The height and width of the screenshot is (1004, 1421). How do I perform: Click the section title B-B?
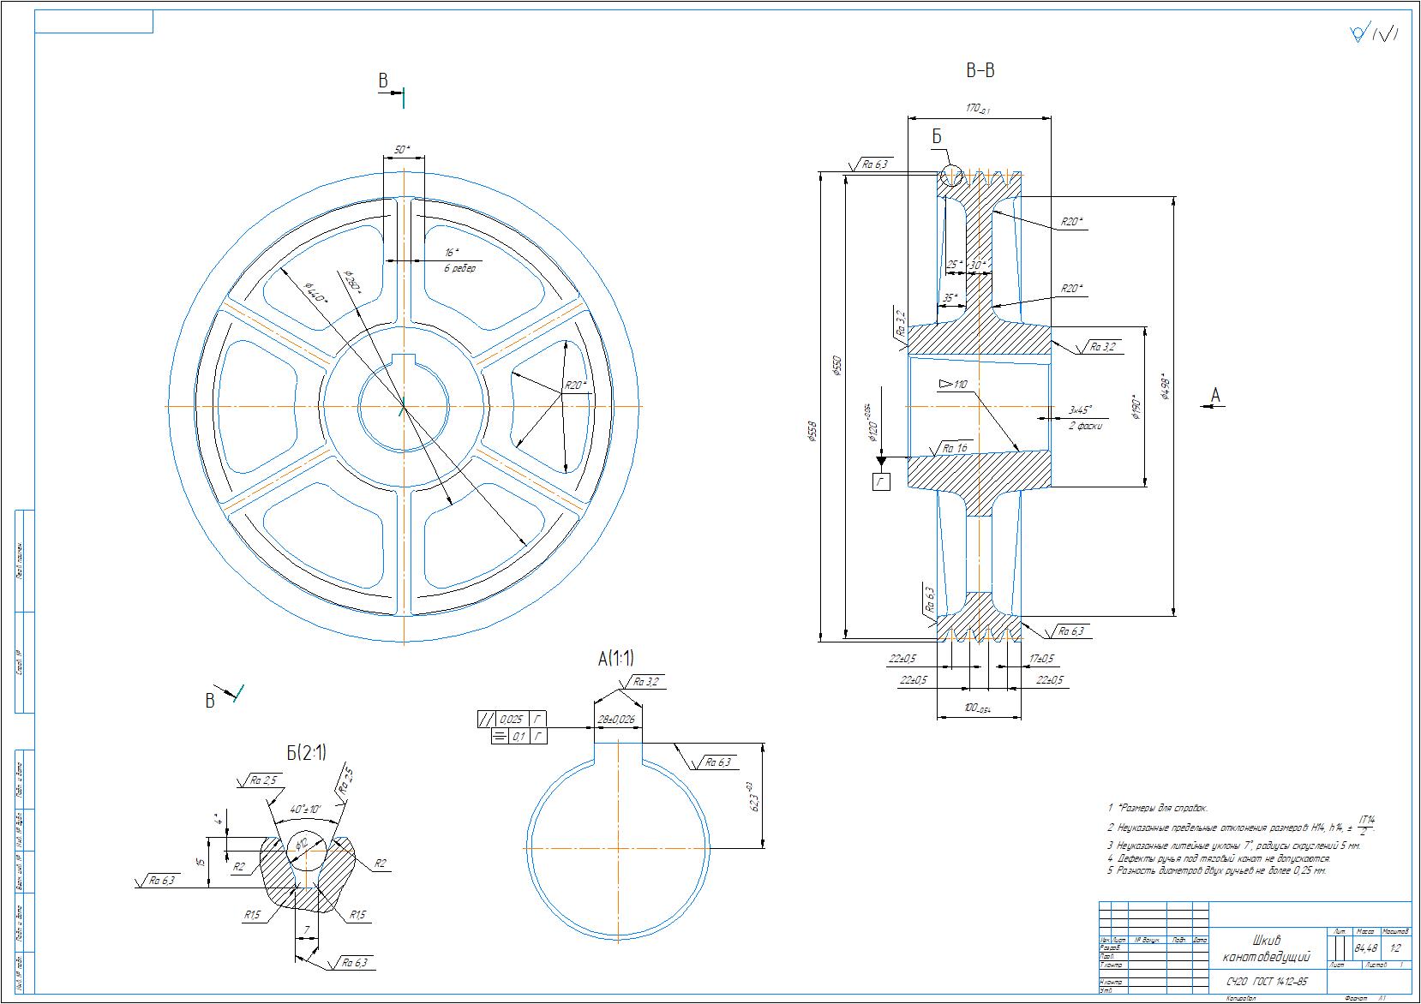980,71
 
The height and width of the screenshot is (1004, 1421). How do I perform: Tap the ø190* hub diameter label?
1136,406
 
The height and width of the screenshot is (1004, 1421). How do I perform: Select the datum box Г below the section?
880,482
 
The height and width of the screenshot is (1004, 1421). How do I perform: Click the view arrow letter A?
1214,395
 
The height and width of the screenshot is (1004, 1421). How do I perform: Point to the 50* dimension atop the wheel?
401,150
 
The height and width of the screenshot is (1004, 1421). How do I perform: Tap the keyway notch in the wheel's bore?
403,360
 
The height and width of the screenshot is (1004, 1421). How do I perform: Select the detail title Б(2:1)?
306,753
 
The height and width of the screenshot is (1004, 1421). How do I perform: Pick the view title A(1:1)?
616,658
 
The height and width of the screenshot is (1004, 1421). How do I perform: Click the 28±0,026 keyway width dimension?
617,720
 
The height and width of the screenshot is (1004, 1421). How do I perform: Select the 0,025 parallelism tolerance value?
511,720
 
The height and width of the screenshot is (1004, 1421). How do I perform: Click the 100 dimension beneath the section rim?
975,708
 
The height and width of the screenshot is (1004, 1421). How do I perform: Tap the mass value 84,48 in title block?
1366,948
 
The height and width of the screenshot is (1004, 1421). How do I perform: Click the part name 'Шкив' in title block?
1267,941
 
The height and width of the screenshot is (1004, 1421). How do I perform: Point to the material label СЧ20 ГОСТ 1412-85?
1265,982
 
